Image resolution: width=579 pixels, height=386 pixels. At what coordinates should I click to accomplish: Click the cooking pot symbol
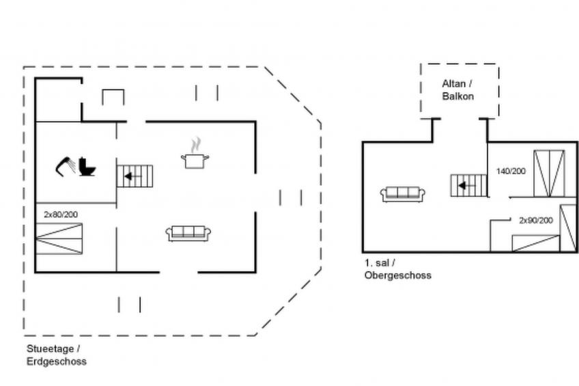[x=195, y=161]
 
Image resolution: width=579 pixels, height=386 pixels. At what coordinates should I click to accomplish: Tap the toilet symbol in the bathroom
[x=87, y=166]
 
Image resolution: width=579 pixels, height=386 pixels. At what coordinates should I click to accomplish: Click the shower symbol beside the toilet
[x=66, y=165]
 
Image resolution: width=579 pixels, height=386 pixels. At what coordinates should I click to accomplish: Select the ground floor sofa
[x=188, y=233]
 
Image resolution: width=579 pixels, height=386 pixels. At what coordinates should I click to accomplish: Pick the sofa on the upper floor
[x=403, y=194]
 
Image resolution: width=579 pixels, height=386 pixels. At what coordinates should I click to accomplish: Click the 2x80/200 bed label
[x=61, y=215]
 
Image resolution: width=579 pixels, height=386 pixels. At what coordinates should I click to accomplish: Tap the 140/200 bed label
[x=511, y=171]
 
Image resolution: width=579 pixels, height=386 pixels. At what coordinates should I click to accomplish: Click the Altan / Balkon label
[x=457, y=89]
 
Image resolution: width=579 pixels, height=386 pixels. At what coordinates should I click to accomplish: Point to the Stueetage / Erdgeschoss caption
[x=56, y=355]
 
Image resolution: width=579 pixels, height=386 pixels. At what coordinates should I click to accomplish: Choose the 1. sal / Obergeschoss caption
[x=397, y=269]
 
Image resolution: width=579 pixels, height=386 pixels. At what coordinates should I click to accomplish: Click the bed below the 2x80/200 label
[x=59, y=238]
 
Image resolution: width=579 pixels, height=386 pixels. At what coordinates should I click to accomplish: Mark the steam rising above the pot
[x=195, y=145]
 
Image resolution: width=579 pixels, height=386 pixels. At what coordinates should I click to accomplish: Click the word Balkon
[x=457, y=96]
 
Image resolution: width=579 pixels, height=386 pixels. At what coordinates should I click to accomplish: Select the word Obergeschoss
[x=397, y=275]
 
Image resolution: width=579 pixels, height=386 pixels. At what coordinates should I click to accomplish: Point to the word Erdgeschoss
[x=56, y=361]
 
